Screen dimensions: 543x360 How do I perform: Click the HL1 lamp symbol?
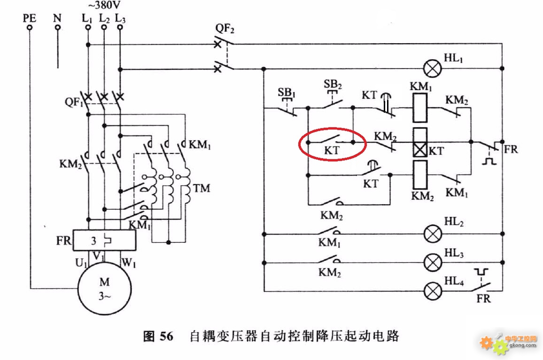click(x=433, y=69)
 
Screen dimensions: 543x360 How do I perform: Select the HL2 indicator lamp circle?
click(x=433, y=234)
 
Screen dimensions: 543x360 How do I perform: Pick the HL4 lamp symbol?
click(x=433, y=291)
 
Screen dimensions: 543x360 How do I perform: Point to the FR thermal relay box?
click(x=104, y=240)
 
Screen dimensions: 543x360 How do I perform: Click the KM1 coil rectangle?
click(x=420, y=108)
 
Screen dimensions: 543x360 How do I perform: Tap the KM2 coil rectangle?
click(x=420, y=176)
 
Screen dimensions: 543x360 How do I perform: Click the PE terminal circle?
click(x=30, y=27)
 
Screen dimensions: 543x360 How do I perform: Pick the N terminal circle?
click(x=58, y=27)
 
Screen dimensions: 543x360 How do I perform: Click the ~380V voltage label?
click(x=104, y=6)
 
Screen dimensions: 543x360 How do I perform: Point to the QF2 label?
click(x=225, y=28)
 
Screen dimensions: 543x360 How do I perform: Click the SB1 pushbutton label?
click(x=287, y=93)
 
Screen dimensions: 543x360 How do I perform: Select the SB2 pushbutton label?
click(x=333, y=84)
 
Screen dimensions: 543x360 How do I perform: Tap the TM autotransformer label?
click(x=202, y=188)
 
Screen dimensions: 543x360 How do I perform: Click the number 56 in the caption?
click(x=166, y=336)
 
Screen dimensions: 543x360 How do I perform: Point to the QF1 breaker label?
click(x=73, y=102)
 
